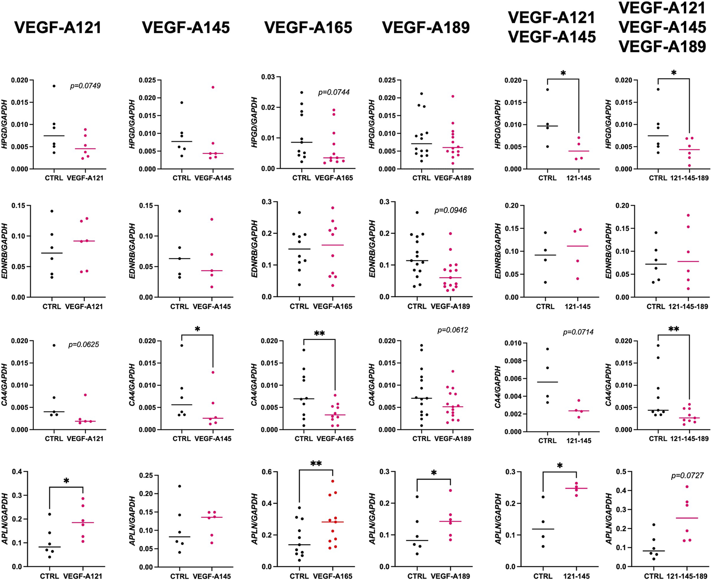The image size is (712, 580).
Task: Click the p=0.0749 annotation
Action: pos(85,86)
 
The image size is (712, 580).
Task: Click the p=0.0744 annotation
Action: pos(333,92)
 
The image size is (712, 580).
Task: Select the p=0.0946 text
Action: pos(450,210)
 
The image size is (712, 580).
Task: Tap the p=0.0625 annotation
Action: pos(84,345)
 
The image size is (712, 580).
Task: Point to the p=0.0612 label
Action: pos(453,330)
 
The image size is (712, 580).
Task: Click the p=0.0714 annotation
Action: pos(578,332)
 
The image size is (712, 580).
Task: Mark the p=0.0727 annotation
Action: pos(687,476)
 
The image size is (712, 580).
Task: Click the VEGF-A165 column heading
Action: pos(308,27)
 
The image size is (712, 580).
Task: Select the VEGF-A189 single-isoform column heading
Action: pos(426,27)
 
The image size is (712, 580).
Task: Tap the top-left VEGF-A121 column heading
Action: pos(58,27)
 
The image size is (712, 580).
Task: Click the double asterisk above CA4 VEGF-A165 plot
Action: pos(319,333)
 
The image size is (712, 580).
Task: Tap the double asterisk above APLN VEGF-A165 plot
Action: pos(316,463)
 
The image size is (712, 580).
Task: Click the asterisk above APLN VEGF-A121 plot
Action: pos(66,481)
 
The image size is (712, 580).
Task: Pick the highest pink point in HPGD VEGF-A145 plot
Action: pos(213,87)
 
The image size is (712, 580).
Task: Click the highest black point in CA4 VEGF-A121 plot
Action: pos(54,346)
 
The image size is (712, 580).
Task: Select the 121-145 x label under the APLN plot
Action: pos(578,576)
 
